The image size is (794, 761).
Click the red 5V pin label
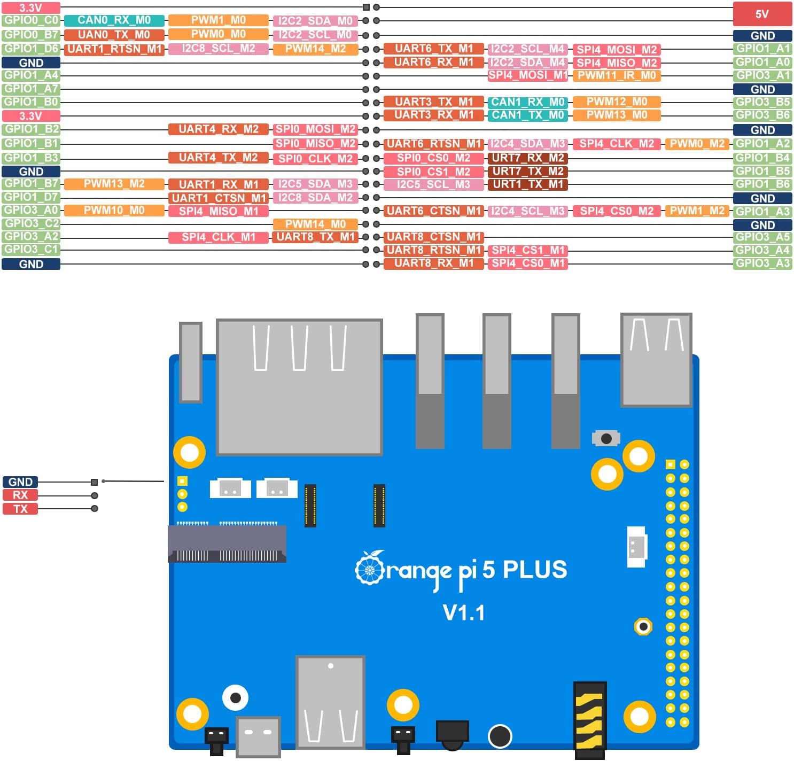[762, 14]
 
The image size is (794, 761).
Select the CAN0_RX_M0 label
[114, 20]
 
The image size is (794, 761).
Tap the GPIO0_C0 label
[31, 20]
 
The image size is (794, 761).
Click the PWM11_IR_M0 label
[617, 75]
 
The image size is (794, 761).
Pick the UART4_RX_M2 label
[218, 129]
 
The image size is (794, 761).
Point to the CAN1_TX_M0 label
[527, 115]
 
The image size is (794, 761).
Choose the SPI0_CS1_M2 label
[433, 172]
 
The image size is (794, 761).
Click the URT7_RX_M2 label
[527, 158]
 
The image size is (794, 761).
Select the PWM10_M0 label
[114, 211]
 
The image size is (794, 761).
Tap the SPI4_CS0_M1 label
[527, 263]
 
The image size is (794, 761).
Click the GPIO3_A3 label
[762, 263]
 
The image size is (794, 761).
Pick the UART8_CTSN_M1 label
[433, 237]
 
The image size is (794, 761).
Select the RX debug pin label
[20, 495]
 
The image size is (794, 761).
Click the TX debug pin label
[20, 509]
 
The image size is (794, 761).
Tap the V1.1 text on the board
[464, 613]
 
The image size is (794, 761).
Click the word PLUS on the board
[535, 570]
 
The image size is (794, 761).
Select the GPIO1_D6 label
[31, 49]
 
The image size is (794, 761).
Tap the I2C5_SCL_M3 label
[433, 185]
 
